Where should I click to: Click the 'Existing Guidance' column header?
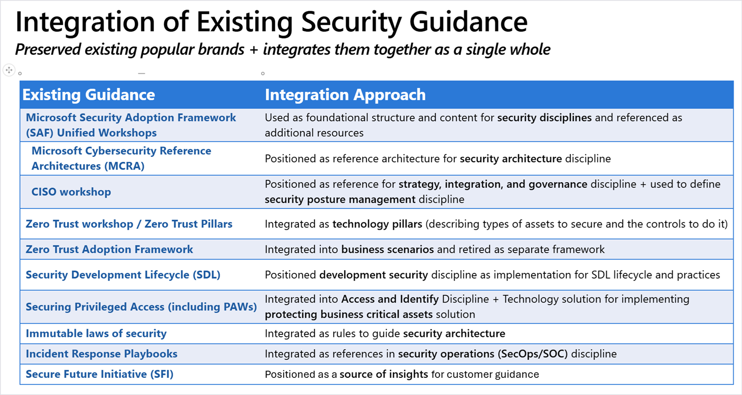[89, 95]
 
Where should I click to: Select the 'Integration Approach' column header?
[345, 95]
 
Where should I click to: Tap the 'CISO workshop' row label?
[71, 192]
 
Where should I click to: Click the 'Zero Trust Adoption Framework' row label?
[109, 249]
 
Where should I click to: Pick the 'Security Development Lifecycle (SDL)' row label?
[123, 275]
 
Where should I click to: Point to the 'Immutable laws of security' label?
[96, 333]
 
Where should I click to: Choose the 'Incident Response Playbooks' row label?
[102, 354]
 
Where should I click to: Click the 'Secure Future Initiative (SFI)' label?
[100, 374]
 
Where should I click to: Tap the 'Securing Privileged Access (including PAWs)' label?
[141, 307]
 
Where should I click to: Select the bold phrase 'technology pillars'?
[377, 224]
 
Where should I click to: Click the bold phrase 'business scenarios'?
[387, 249]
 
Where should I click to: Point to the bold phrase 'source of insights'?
[384, 374]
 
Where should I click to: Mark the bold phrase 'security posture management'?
[340, 199]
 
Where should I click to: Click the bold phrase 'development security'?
[374, 275]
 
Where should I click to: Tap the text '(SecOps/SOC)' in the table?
[533, 354]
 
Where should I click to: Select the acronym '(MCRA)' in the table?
[124, 166]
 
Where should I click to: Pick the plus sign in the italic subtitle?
[254, 50]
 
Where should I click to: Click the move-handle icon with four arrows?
[9, 70]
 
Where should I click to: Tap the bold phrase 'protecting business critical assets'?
[349, 314]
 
